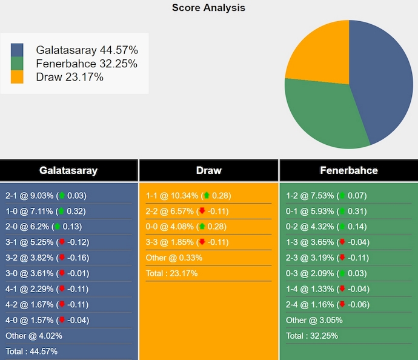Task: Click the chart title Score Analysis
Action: pyautogui.click(x=208, y=8)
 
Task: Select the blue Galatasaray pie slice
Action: pyautogui.click(x=382, y=79)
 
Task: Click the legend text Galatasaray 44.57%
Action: pyautogui.click(x=87, y=50)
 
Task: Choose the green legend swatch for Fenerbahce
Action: pyautogui.click(x=17, y=64)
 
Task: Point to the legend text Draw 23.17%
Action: pyautogui.click(x=70, y=77)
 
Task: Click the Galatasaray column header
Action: pyautogui.click(x=68, y=170)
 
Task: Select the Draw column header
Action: pyautogui.click(x=208, y=170)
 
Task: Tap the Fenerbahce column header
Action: pyautogui.click(x=348, y=170)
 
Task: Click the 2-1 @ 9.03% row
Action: pyautogui.click(x=46, y=196)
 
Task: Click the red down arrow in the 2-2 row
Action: pyautogui.click(x=202, y=212)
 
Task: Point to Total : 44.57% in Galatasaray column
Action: pyautogui.click(x=32, y=352)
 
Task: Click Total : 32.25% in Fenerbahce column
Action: pyautogui.click(x=312, y=336)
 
